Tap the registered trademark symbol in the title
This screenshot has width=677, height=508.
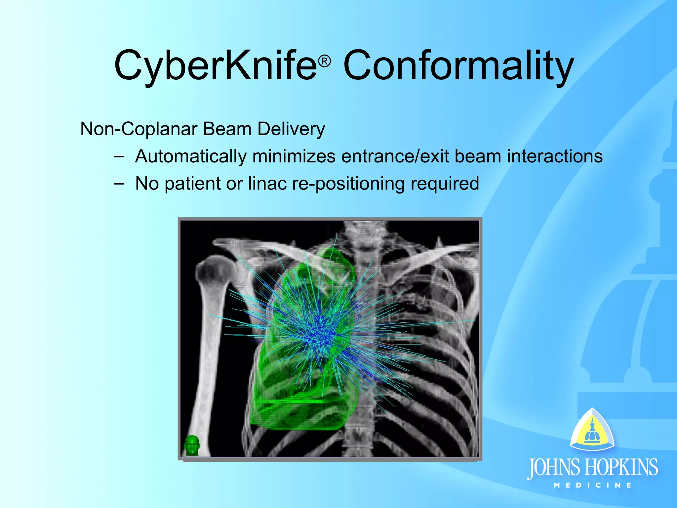click(x=325, y=62)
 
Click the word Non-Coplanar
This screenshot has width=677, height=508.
click(x=139, y=129)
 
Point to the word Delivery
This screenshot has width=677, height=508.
click(x=291, y=129)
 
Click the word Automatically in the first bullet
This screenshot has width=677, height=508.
click(x=191, y=156)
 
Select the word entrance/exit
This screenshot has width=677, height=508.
click(x=395, y=156)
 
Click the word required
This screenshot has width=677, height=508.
click(x=445, y=184)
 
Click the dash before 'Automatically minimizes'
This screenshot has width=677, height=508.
click(x=119, y=156)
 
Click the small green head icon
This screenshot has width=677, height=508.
click(x=192, y=445)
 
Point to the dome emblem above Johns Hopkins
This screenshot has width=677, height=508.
click(x=592, y=430)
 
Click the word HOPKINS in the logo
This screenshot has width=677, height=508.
click(x=621, y=467)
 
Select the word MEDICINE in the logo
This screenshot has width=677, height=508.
click(x=593, y=486)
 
